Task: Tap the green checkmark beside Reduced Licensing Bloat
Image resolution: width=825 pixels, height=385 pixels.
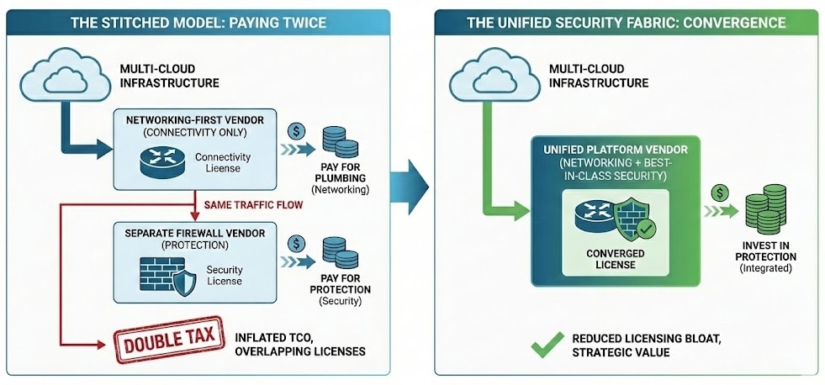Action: click(x=547, y=344)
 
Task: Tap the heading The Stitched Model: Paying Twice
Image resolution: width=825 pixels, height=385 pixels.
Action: click(x=198, y=22)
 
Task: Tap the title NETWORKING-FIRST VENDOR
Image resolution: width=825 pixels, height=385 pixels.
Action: click(x=195, y=120)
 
